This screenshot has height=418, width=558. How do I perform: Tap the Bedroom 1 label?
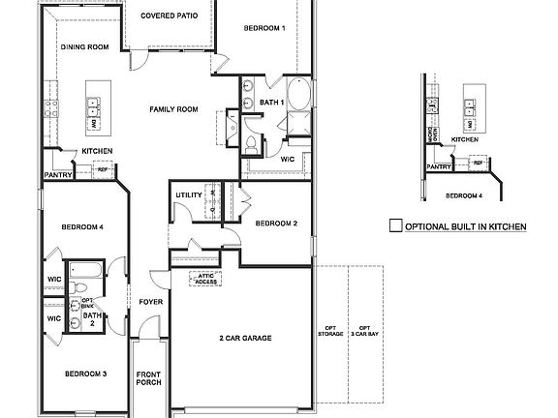point(263,28)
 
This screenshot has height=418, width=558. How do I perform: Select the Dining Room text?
point(85,46)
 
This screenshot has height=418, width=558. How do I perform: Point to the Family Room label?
point(173,109)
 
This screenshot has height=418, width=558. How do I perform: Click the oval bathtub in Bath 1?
point(300,98)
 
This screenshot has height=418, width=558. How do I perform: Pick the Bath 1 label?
point(270,102)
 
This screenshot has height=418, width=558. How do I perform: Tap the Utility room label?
point(189,194)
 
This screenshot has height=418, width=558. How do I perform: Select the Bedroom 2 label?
point(276,224)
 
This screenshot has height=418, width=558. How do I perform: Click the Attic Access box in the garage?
point(205,278)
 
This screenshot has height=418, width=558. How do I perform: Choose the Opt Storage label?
point(330,331)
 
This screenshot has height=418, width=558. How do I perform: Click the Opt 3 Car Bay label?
point(364,331)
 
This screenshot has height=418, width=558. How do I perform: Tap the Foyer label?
point(150,301)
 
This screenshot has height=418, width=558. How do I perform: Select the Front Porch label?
point(148,378)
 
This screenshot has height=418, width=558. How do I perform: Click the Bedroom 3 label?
point(85,373)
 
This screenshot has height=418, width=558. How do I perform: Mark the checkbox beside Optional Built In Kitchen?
point(394,226)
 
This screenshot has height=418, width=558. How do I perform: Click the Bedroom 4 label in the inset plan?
point(464,196)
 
